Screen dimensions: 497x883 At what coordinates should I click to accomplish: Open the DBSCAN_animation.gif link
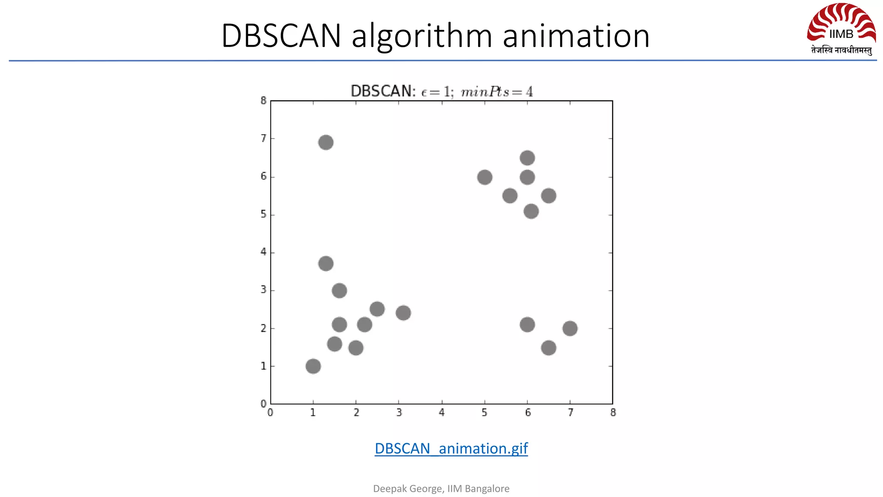click(x=451, y=449)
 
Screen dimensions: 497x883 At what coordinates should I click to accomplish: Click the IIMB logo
click(x=841, y=29)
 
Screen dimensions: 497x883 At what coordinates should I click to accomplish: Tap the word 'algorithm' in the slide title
click(x=422, y=36)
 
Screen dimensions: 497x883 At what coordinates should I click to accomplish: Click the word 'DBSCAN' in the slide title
click(x=281, y=36)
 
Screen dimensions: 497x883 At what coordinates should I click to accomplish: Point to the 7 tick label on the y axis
click(x=263, y=138)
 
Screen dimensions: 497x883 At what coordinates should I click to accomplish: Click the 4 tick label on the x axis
click(x=441, y=413)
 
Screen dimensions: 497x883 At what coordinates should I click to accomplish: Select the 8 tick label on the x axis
click(x=613, y=413)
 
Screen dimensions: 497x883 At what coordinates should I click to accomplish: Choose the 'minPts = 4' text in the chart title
click(x=497, y=92)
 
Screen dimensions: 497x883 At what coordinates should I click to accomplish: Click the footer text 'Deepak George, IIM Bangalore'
click(x=441, y=488)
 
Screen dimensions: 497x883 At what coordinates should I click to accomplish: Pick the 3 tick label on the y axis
click(x=263, y=290)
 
